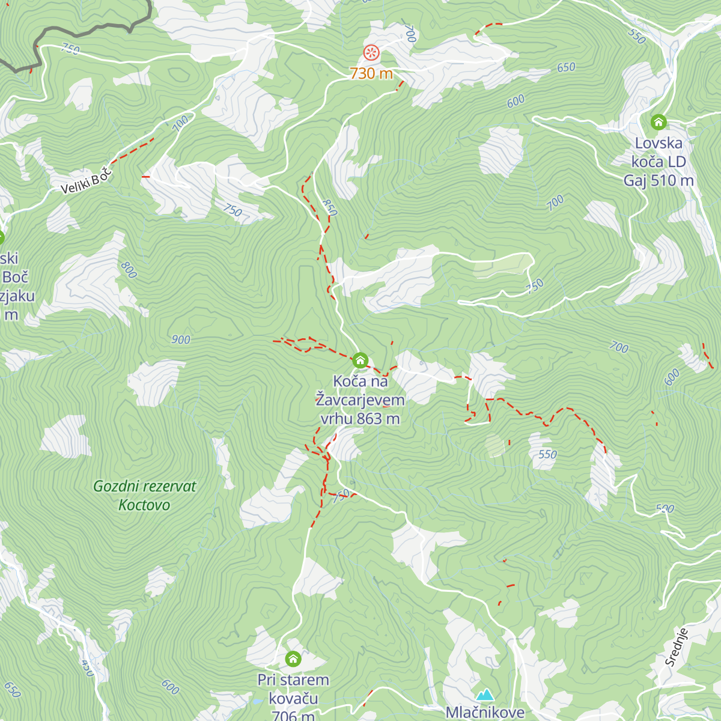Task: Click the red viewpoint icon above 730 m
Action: tap(371, 53)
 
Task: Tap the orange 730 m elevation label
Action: tap(371, 73)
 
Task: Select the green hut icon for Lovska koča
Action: tap(659, 122)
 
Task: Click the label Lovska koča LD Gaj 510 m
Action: tap(659, 162)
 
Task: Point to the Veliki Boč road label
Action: tap(87, 181)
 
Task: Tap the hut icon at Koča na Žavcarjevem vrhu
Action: tap(360, 360)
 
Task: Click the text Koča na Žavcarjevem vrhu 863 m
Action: tap(360, 400)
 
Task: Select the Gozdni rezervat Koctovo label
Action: tap(144, 495)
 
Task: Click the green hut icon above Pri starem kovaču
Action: tap(293, 659)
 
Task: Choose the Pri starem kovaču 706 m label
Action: tap(293, 698)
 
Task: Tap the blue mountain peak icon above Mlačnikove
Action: tap(484, 695)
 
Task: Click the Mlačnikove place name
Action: tap(484, 713)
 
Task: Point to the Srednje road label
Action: tap(676, 647)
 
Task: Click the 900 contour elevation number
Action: tap(180, 339)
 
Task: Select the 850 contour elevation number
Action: tap(330, 207)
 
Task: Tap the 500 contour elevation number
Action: tap(665, 509)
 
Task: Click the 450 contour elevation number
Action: tap(87, 668)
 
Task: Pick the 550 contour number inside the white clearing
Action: tap(547, 454)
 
